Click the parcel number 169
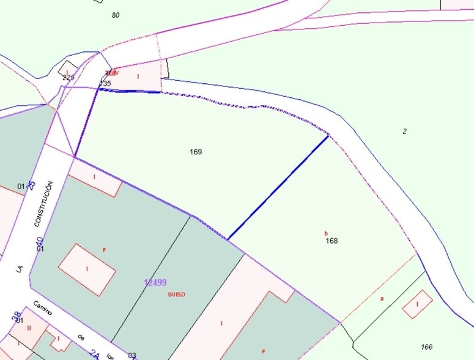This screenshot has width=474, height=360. point(196,152)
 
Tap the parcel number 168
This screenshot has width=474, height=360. point(331,241)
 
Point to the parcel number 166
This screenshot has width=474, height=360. point(426,347)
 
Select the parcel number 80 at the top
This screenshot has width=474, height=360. point(116,15)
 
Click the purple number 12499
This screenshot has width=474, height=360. point(155,282)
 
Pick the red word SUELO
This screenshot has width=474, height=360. point(176,294)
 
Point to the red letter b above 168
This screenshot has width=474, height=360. point(326,233)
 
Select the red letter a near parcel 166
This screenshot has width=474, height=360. point(382,298)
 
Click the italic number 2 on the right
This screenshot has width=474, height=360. point(404,131)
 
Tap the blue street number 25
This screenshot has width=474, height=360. point(32,184)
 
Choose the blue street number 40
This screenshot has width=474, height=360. point(39,241)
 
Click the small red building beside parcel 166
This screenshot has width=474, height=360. point(417,304)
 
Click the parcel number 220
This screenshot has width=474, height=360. point(69,78)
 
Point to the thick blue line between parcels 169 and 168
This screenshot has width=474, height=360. point(278,187)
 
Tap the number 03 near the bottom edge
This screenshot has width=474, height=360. point(132,355)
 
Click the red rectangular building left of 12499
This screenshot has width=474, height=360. point(87,270)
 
